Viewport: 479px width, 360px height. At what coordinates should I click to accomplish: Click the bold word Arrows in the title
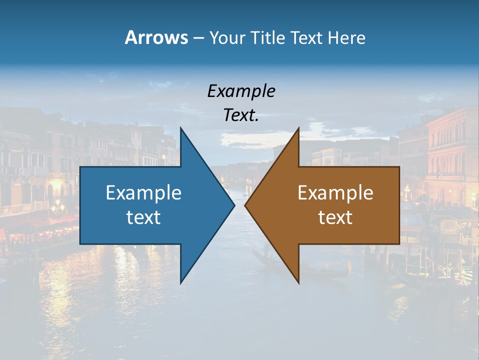[x=156, y=37]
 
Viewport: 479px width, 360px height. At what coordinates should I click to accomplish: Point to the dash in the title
[x=198, y=38]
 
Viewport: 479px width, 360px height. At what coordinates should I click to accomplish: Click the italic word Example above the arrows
[x=241, y=91]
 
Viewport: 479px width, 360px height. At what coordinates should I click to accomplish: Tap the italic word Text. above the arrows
[x=241, y=115]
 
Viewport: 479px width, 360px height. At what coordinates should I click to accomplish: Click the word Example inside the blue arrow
[x=144, y=192]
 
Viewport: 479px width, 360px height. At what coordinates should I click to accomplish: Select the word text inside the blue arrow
[x=144, y=217]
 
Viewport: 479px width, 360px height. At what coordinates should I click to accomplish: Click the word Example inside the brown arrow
[x=335, y=192]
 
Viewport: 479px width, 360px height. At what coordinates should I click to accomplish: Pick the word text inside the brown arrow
[x=335, y=217]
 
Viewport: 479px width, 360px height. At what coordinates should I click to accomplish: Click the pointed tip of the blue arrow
[x=234, y=205]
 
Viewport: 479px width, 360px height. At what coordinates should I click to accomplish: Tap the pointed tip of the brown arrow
[x=245, y=205]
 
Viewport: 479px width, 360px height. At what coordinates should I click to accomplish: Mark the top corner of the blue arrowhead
[x=181, y=128]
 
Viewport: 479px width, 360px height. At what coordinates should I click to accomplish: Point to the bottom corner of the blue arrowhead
[x=181, y=282]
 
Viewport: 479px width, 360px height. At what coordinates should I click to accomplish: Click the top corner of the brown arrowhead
[x=298, y=128]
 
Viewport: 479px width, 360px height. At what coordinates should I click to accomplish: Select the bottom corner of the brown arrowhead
[x=298, y=282]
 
